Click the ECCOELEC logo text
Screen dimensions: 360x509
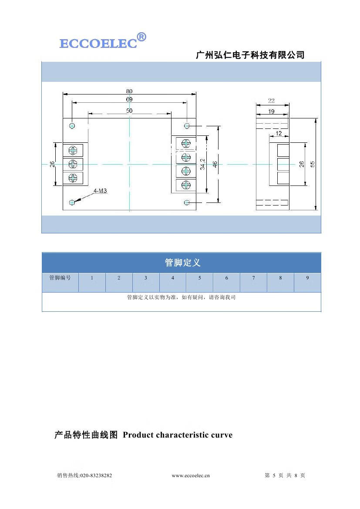tap(98, 44)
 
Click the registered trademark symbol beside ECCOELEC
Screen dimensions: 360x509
tap(141, 37)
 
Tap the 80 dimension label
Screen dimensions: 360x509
tap(129, 91)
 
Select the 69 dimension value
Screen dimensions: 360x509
tap(129, 100)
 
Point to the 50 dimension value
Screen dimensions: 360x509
tap(129, 111)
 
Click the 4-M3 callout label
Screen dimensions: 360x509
tap(100, 191)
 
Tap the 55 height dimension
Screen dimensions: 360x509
tap(312, 164)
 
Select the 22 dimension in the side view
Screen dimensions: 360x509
tap(271, 101)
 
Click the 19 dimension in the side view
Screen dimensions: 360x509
tap(271, 112)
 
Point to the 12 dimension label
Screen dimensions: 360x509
tap(279, 133)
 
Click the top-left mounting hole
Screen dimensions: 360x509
tap(72, 126)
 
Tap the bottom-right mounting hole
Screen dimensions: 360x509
tap(187, 202)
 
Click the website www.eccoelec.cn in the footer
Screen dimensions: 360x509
tap(191, 475)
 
